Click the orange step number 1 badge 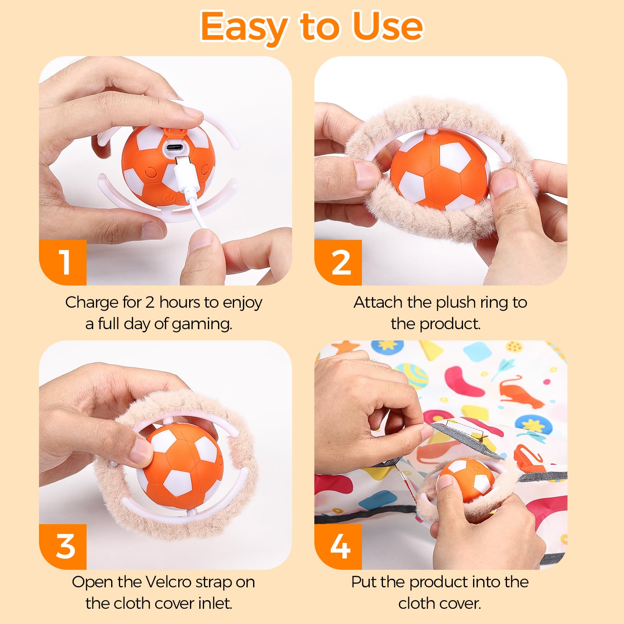click(63, 262)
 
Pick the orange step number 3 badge click(63, 546)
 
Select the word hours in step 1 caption click(180, 302)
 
